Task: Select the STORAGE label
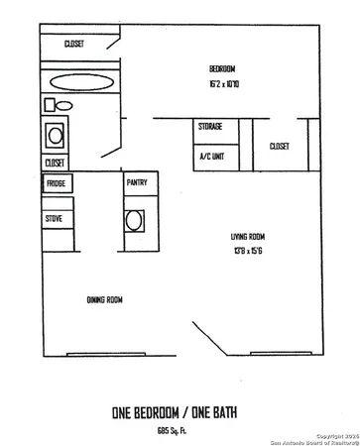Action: pos(209,126)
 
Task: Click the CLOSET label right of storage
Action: pos(279,146)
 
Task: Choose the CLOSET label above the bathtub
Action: pos(73,44)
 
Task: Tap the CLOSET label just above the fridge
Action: pos(54,162)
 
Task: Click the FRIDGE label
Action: pos(55,184)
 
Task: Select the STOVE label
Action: pos(54,218)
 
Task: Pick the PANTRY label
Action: pos(137,183)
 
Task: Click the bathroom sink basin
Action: pos(54,133)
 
